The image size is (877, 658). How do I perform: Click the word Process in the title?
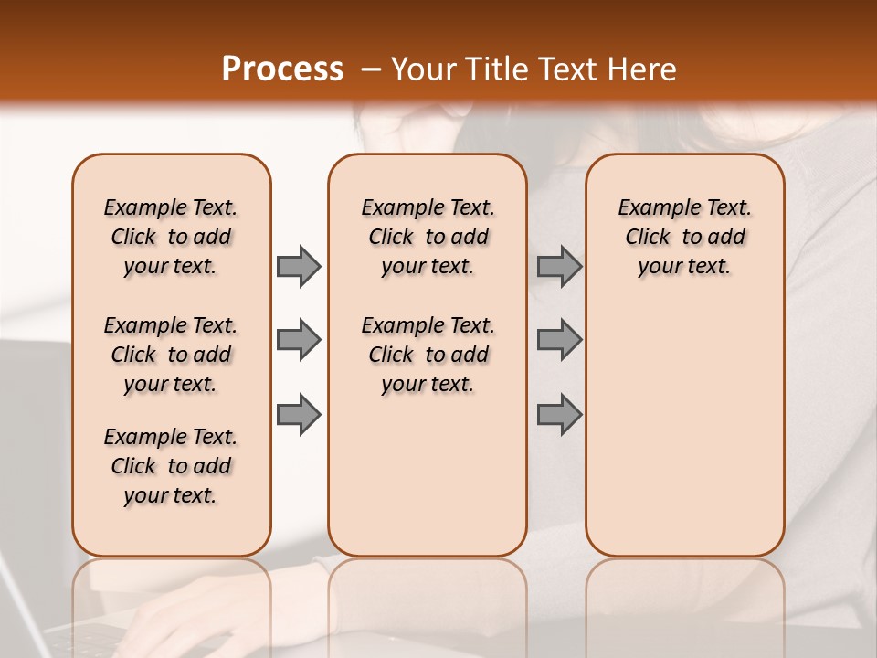tap(282, 69)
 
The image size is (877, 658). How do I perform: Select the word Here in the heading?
tap(643, 69)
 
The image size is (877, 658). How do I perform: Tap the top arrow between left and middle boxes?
tap(299, 266)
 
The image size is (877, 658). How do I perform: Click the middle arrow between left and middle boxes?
tap(299, 340)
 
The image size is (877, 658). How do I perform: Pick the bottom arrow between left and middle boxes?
tap(299, 414)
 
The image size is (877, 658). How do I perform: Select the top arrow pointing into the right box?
tap(559, 266)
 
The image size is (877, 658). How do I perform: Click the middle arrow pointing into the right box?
tap(559, 340)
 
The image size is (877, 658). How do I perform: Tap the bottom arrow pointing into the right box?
tap(559, 414)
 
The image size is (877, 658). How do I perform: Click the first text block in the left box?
tap(171, 237)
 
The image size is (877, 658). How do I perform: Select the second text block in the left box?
tap(171, 355)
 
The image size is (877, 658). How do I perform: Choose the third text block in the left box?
tap(171, 466)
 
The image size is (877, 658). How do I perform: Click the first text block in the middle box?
tap(428, 237)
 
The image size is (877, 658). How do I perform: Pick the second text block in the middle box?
tap(428, 355)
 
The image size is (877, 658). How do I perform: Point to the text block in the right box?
tap(684, 237)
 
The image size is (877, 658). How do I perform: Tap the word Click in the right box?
tap(648, 238)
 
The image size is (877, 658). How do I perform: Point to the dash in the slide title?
tap(370, 69)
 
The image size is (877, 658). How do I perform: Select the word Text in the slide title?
tap(567, 69)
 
